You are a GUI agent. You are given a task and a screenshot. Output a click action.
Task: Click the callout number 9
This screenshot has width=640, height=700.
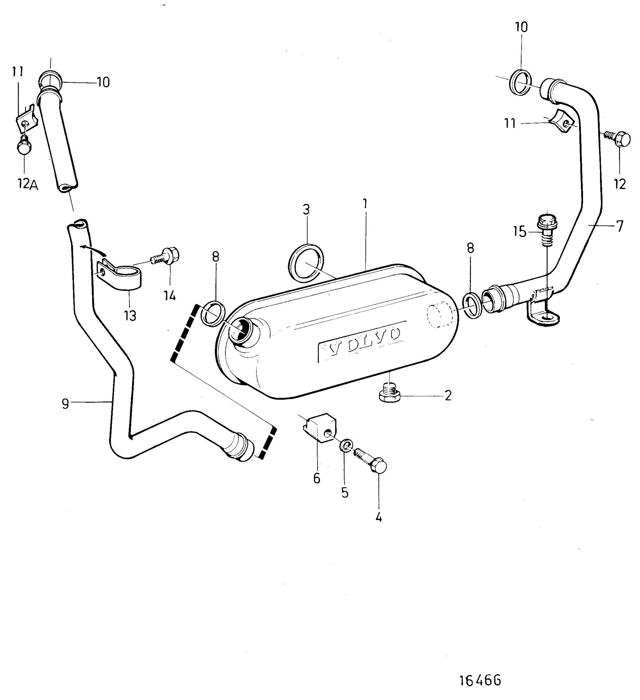65,404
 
